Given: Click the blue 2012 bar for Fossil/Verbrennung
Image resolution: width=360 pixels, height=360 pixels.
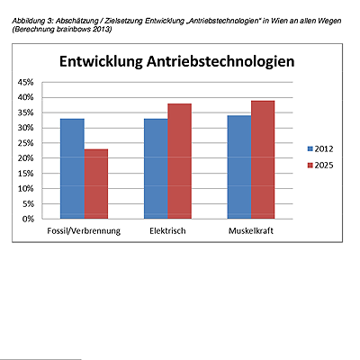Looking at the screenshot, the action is [72, 168].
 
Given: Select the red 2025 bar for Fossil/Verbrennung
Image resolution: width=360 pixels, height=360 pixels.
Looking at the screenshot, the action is [96, 184].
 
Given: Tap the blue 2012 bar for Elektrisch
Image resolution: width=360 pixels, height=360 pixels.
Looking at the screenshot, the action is [156, 168].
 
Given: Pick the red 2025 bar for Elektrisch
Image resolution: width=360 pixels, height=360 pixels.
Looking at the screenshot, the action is [180, 161].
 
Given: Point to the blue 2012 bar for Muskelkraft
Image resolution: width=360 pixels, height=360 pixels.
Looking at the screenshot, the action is [239, 167].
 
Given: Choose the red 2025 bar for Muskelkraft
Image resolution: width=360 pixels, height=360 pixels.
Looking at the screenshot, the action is [263, 159].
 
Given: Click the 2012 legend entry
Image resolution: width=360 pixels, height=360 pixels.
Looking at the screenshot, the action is [320, 148].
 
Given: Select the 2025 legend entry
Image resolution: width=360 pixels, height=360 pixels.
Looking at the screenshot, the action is [320, 166].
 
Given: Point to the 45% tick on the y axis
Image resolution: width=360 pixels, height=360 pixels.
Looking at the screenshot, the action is [25, 82].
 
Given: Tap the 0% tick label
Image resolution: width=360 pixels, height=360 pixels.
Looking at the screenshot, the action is [28, 219].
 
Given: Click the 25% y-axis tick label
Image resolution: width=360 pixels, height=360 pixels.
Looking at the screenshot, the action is [25, 143].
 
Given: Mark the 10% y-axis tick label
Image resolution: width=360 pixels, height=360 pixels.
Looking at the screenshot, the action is [25, 189].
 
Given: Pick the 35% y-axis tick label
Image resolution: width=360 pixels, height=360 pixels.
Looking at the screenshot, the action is [25, 112].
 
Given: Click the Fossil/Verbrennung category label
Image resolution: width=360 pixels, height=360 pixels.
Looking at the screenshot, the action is [84, 231].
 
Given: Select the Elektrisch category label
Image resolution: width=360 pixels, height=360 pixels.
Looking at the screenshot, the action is [167, 230].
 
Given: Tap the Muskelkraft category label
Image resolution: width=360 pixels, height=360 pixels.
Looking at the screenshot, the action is [251, 230].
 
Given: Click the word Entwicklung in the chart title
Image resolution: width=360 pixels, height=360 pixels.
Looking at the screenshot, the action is [101, 62].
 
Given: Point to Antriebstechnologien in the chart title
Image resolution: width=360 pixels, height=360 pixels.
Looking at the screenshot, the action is [220, 62].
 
